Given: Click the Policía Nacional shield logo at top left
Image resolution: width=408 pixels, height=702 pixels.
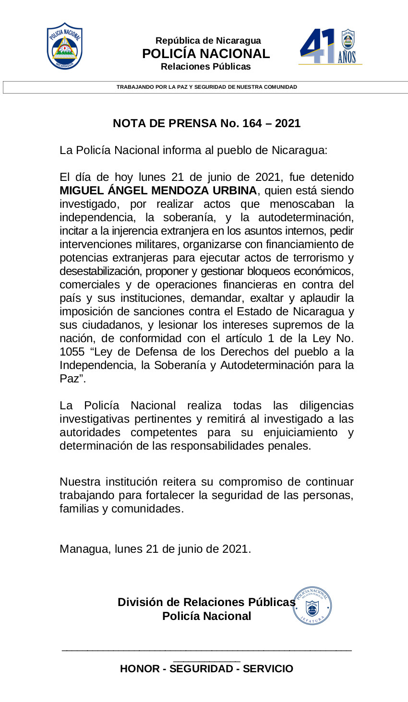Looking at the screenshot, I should [x=65, y=46].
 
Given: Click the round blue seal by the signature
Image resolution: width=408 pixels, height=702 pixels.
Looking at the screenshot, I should [x=312, y=606].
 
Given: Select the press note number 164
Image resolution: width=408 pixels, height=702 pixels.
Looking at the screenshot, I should [x=252, y=123].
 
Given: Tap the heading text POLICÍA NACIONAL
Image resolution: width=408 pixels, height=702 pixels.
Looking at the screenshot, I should [x=206, y=54].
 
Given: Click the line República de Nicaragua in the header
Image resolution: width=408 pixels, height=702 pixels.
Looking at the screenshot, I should [x=208, y=41].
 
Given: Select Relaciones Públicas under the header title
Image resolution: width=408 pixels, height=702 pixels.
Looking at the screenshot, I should [x=205, y=67].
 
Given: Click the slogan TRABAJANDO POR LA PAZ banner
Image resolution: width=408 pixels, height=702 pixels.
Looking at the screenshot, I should [x=206, y=87].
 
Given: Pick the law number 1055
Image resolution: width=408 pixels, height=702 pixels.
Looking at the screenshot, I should [x=72, y=352].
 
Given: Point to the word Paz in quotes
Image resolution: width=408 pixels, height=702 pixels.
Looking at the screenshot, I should [x=69, y=379].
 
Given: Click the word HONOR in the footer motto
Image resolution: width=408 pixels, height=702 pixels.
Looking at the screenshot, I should [x=139, y=669].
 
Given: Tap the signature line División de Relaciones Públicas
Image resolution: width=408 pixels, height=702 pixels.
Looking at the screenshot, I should [x=206, y=602].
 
